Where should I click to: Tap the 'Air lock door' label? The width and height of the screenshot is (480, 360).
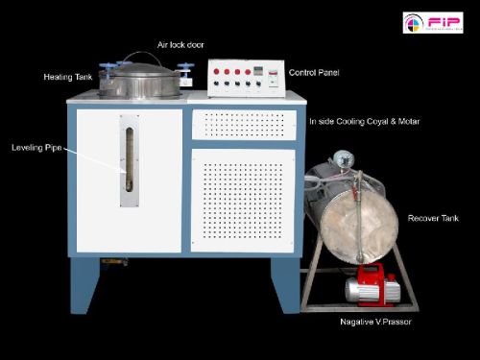point(180,45)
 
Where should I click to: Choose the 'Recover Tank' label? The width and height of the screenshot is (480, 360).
point(433,218)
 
